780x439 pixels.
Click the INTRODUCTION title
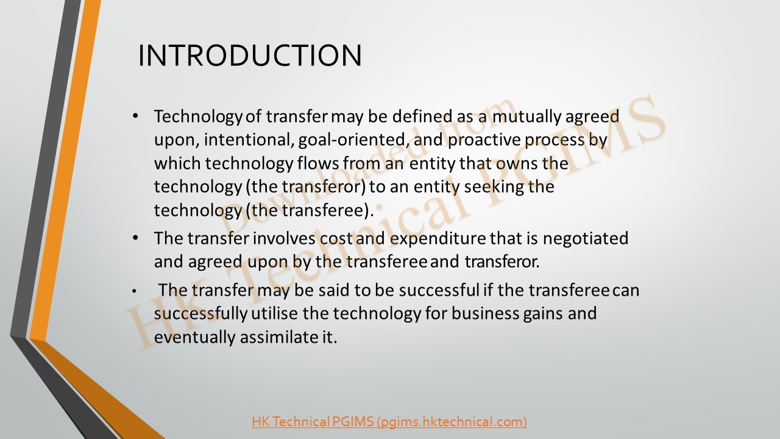tap(250, 55)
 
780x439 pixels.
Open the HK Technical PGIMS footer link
tap(389, 421)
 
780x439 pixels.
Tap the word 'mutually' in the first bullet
tap(526, 116)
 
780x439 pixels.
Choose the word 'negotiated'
tap(586, 238)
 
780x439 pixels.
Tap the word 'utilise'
tap(274, 313)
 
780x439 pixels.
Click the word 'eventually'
tap(195, 338)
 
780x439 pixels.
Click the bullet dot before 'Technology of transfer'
tap(135, 116)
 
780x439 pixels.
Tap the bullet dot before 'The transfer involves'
tap(135, 238)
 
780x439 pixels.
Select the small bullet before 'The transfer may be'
tap(135, 291)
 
